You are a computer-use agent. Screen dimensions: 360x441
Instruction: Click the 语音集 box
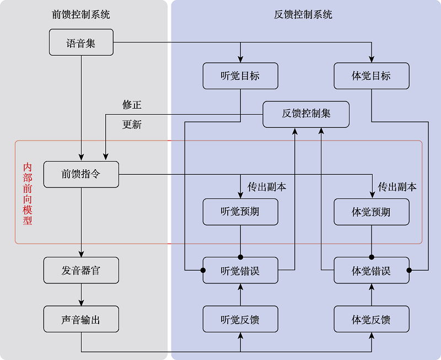tap(81, 42)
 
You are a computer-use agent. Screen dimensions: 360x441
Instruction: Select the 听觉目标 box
tap(240, 76)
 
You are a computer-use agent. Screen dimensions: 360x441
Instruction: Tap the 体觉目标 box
tap(372, 76)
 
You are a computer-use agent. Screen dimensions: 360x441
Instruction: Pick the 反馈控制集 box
tap(306, 114)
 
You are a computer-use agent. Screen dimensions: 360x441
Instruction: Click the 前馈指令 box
tap(81, 174)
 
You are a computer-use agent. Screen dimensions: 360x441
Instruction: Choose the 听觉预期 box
tap(240, 212)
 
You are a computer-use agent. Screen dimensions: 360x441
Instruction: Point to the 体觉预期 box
tap(372, 212)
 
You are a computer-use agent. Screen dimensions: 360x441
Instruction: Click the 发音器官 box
tap(81, 271)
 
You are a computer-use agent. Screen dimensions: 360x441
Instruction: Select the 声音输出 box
tap(81, 320)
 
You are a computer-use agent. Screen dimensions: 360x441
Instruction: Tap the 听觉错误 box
tap(240, 271)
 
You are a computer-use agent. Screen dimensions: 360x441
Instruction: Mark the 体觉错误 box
tap(372, 271)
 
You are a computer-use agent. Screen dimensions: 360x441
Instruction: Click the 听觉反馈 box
tap(240, 320)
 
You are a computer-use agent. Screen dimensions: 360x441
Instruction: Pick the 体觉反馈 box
tap(372, 320)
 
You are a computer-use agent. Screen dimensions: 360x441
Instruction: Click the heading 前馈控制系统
tap(81, 15)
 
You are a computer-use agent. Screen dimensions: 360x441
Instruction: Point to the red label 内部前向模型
tap(28, 193)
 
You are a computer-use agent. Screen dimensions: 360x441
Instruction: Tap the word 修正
tap(132, 105)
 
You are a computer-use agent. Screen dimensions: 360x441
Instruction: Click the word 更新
tap(132, 125)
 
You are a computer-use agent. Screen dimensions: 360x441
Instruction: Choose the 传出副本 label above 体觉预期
tap(397, 187)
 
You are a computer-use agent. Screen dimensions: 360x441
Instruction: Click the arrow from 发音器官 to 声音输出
tap(81, 295)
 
